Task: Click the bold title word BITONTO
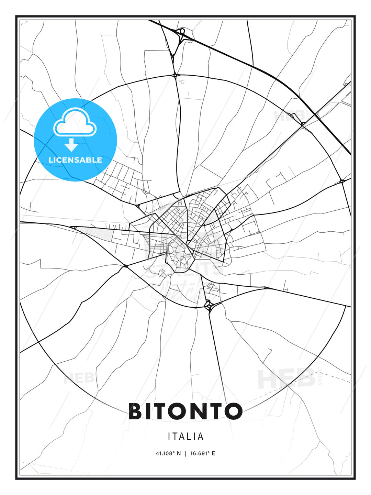point(185,411)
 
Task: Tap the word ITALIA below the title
point(186,437)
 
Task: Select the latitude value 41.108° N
point(168,453)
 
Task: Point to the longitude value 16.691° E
point(203,453)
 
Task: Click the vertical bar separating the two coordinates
point(185,453)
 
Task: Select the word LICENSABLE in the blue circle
point(75,160)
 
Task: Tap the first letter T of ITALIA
point(175,437)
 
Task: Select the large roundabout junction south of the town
point(208,305)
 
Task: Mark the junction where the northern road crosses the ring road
point(175,75)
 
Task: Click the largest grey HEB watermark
point(286,378)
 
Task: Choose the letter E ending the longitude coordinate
point(213,453)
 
